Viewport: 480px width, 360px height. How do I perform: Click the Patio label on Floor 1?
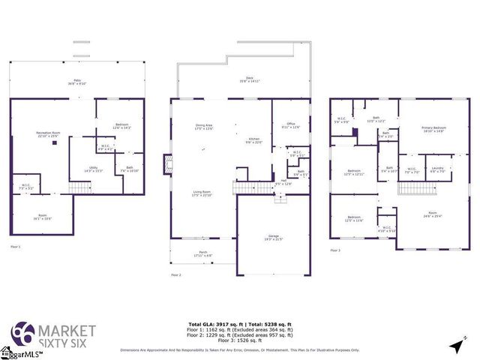[x=76, y=81]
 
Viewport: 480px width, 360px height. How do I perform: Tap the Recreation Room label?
[x=49, y=136]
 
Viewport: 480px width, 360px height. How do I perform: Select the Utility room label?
[x=94, y=169]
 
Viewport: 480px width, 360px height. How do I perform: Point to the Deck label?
[x=249, y=78]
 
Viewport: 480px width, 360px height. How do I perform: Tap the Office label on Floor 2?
[x=290, y=126]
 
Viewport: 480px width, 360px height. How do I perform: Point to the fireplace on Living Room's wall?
[x=169, y=164]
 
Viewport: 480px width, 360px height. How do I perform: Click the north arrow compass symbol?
[x=457, y=345]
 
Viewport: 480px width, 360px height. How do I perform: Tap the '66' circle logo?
[x=22, y=333]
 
